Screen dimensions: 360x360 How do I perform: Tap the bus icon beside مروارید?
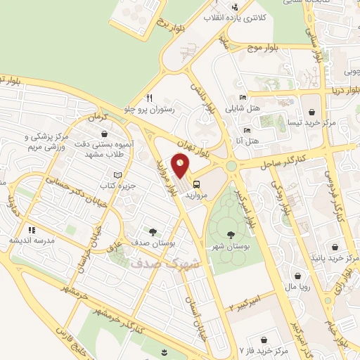195,186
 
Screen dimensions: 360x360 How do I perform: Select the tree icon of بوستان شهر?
231,235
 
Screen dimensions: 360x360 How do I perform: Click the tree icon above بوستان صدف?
152,231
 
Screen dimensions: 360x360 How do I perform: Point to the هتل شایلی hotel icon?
243,98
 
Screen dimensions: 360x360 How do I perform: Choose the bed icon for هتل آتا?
246,131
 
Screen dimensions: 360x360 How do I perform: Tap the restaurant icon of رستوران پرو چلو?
149,98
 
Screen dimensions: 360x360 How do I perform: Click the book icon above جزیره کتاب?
117,174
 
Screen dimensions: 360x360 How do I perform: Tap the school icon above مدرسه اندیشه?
32,229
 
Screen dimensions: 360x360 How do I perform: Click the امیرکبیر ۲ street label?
246,302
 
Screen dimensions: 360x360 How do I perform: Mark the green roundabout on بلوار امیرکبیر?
231,166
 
